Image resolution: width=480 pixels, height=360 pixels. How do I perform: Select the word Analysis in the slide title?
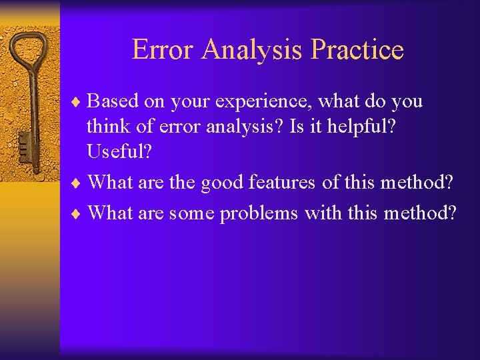(255, 50)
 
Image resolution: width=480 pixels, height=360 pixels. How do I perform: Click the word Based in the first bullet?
(112, 102)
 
